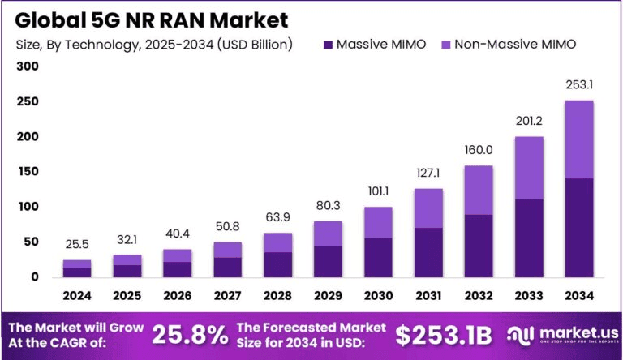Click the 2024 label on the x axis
click(77, 295)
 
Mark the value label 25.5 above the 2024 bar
click(77, 245)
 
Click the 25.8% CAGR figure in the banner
click(191, 332)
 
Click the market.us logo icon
click(520, 334)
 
